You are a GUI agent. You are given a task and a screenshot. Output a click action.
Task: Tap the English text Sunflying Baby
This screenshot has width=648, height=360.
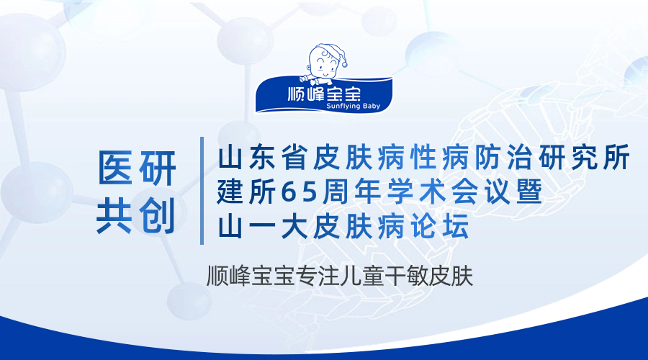(353, 107)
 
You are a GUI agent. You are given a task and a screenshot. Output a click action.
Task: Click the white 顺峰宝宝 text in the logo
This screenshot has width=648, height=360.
(325, 94)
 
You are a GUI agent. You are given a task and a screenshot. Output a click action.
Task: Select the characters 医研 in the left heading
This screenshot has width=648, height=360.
(137, 168)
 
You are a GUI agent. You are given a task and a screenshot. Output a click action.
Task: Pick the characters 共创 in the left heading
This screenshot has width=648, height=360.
(136, 215)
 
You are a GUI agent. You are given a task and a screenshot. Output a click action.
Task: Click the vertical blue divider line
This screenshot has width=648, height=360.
(202, 191)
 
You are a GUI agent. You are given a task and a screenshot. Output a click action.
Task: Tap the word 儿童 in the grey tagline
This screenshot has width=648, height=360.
(362, 276)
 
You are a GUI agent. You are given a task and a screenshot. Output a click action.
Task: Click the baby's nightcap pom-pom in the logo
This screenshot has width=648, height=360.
(344, 64)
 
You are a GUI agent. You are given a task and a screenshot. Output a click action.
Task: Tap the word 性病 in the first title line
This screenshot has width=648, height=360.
(439, 157)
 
